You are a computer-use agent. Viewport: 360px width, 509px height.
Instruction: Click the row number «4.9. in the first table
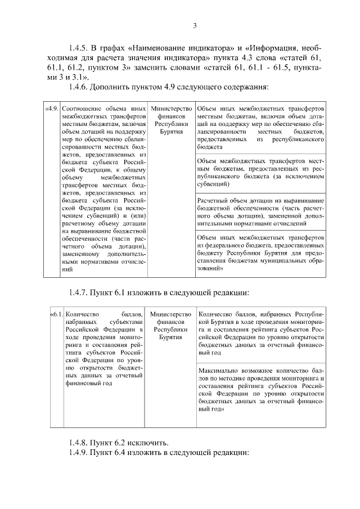tap(52, 107)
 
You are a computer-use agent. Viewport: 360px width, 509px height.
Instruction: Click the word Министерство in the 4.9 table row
tap(170, 107)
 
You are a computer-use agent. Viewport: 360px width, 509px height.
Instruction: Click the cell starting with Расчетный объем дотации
tap(260, 213)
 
